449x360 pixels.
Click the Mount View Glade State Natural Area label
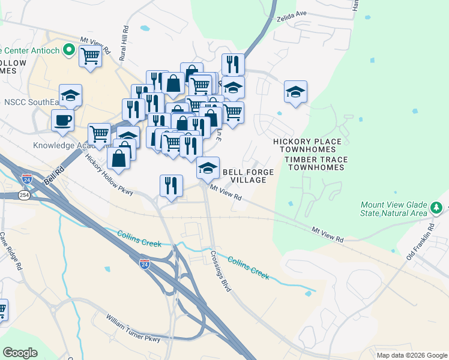coord(394,209)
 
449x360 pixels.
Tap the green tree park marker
coord(437,208)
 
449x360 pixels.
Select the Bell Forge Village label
coord(249,176)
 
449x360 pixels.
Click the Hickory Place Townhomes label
coord(307,146)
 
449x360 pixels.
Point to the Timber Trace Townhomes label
coord(316,163)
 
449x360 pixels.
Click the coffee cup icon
coord(62,120)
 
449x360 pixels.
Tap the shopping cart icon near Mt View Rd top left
coord(90,56)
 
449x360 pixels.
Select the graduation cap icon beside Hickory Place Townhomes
coord(295,92)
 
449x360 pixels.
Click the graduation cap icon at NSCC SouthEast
coord(70,95)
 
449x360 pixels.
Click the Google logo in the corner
coord(20,352)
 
